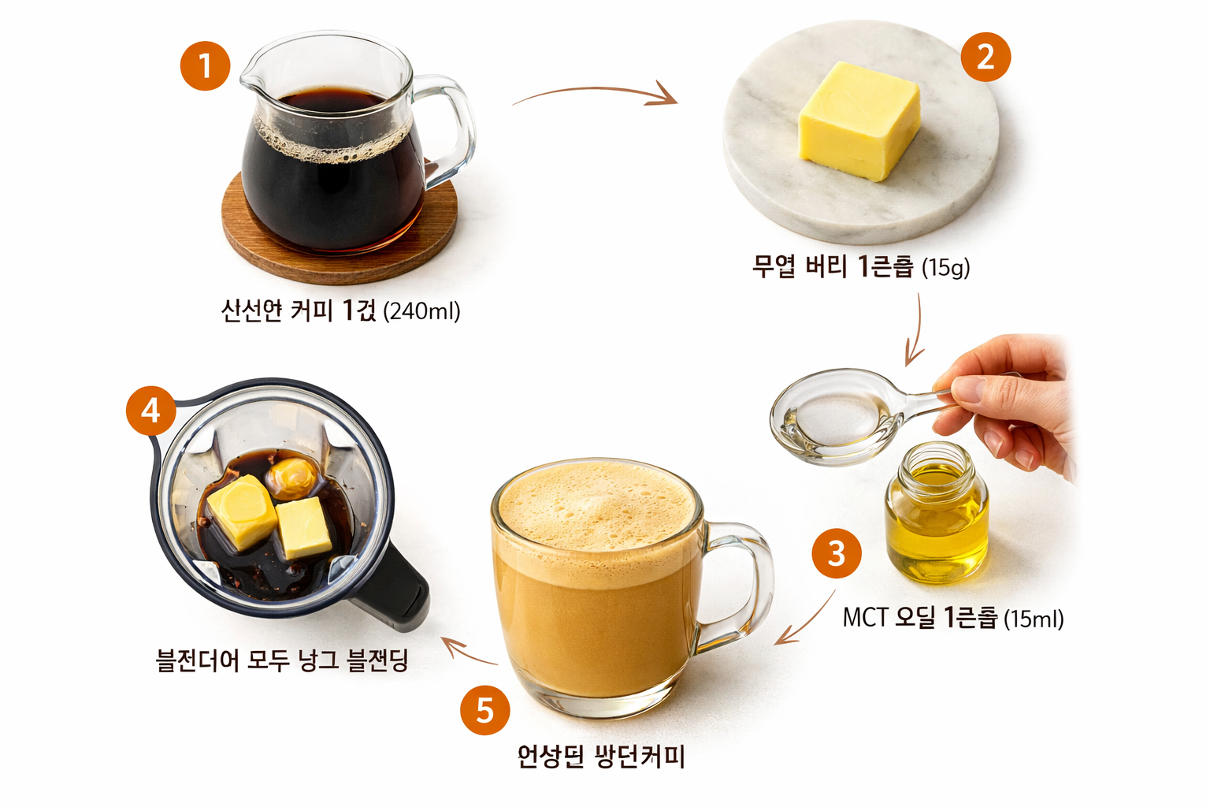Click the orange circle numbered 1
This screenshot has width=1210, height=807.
tap(205, 65)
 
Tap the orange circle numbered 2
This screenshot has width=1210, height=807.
tap(985, 57)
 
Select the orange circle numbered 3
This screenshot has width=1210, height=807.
tap(837, 553)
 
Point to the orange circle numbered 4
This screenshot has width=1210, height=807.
tap(150, 410)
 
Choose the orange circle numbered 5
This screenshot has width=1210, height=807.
tap(484, 710)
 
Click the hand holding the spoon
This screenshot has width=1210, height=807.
tap(1016, 402)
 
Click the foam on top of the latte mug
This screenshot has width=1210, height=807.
tap(597, 504)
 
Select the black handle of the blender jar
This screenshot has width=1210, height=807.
tap(398, 591)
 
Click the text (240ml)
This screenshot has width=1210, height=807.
tap(421, 311)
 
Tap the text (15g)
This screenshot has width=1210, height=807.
tap(945, 268)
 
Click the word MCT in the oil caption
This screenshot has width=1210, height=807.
tap(865, 617)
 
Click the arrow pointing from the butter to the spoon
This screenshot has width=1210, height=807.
tap(915, 331)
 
